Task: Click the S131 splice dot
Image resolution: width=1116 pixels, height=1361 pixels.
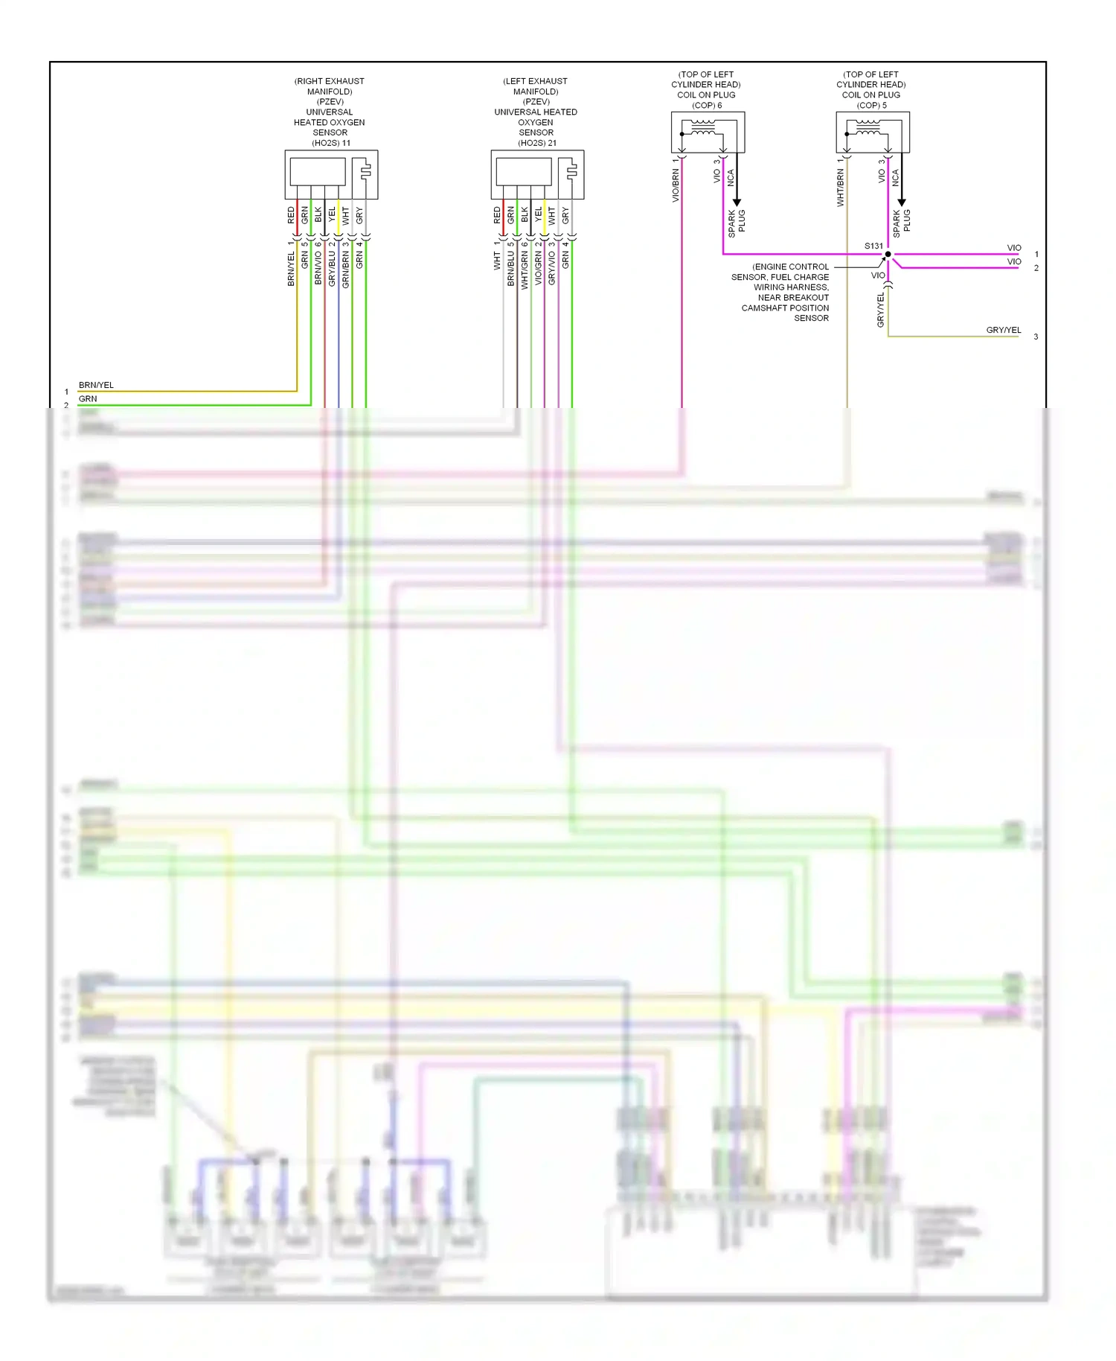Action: (888, 255)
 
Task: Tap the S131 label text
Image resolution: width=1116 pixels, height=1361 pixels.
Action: (873, 246)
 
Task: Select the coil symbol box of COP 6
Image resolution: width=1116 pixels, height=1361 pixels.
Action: (708, 133)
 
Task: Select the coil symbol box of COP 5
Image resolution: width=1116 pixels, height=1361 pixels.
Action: (873, 133)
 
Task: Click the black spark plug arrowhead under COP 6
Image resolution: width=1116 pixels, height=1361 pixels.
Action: (737, 202)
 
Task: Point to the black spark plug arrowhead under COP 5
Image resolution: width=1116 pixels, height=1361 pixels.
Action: (902, 202)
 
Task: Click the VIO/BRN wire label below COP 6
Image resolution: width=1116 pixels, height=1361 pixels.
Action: (676, 185)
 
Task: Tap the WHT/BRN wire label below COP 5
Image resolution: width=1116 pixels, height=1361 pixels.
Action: (840, 188)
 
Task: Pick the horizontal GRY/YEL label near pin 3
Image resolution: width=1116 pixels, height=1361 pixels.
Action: (1003, 330)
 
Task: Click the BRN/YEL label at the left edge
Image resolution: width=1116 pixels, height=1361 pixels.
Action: (96, 385)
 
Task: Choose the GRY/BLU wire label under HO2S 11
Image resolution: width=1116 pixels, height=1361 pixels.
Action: (332, 269)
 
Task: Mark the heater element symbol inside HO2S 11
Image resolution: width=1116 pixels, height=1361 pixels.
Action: (364, 172)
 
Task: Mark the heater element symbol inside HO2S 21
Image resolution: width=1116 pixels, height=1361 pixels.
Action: (570, 172)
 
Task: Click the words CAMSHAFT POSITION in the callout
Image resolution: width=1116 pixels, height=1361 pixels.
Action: (785, 307)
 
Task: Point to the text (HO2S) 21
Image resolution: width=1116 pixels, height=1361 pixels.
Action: (537, 143)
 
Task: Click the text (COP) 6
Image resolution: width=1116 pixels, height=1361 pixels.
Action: (707, 105)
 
